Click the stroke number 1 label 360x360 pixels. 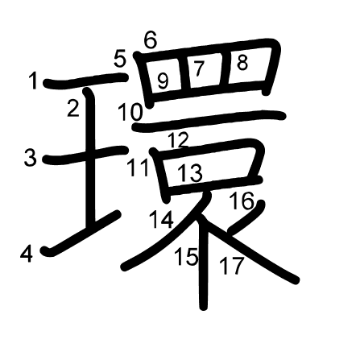[x=33, y=81]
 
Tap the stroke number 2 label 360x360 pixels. [x=73, y=108]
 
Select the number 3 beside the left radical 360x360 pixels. [x=30, y=158]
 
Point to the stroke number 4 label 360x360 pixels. [x=27, y=254]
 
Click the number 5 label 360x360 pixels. [x=120, y=60]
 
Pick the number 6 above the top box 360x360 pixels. [x=150, y=40]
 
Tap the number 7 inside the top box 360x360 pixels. [x=200, y=68]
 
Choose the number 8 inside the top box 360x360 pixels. [x=242, y=64]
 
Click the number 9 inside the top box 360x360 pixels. [x=163, y=81]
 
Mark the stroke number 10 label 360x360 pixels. [x=130, y=112]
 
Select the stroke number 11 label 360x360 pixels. [x=139, y=168]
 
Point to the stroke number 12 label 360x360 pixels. [x=179, y=140]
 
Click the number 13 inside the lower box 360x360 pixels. [x=189, y=173]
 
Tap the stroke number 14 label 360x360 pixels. [x=161, y=219]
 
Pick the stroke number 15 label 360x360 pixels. [x=186, y=257]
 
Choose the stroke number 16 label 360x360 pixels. [x=242, y=201]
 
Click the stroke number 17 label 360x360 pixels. [x=231, y=266]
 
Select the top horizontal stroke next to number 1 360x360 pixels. [x=86, y=81]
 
